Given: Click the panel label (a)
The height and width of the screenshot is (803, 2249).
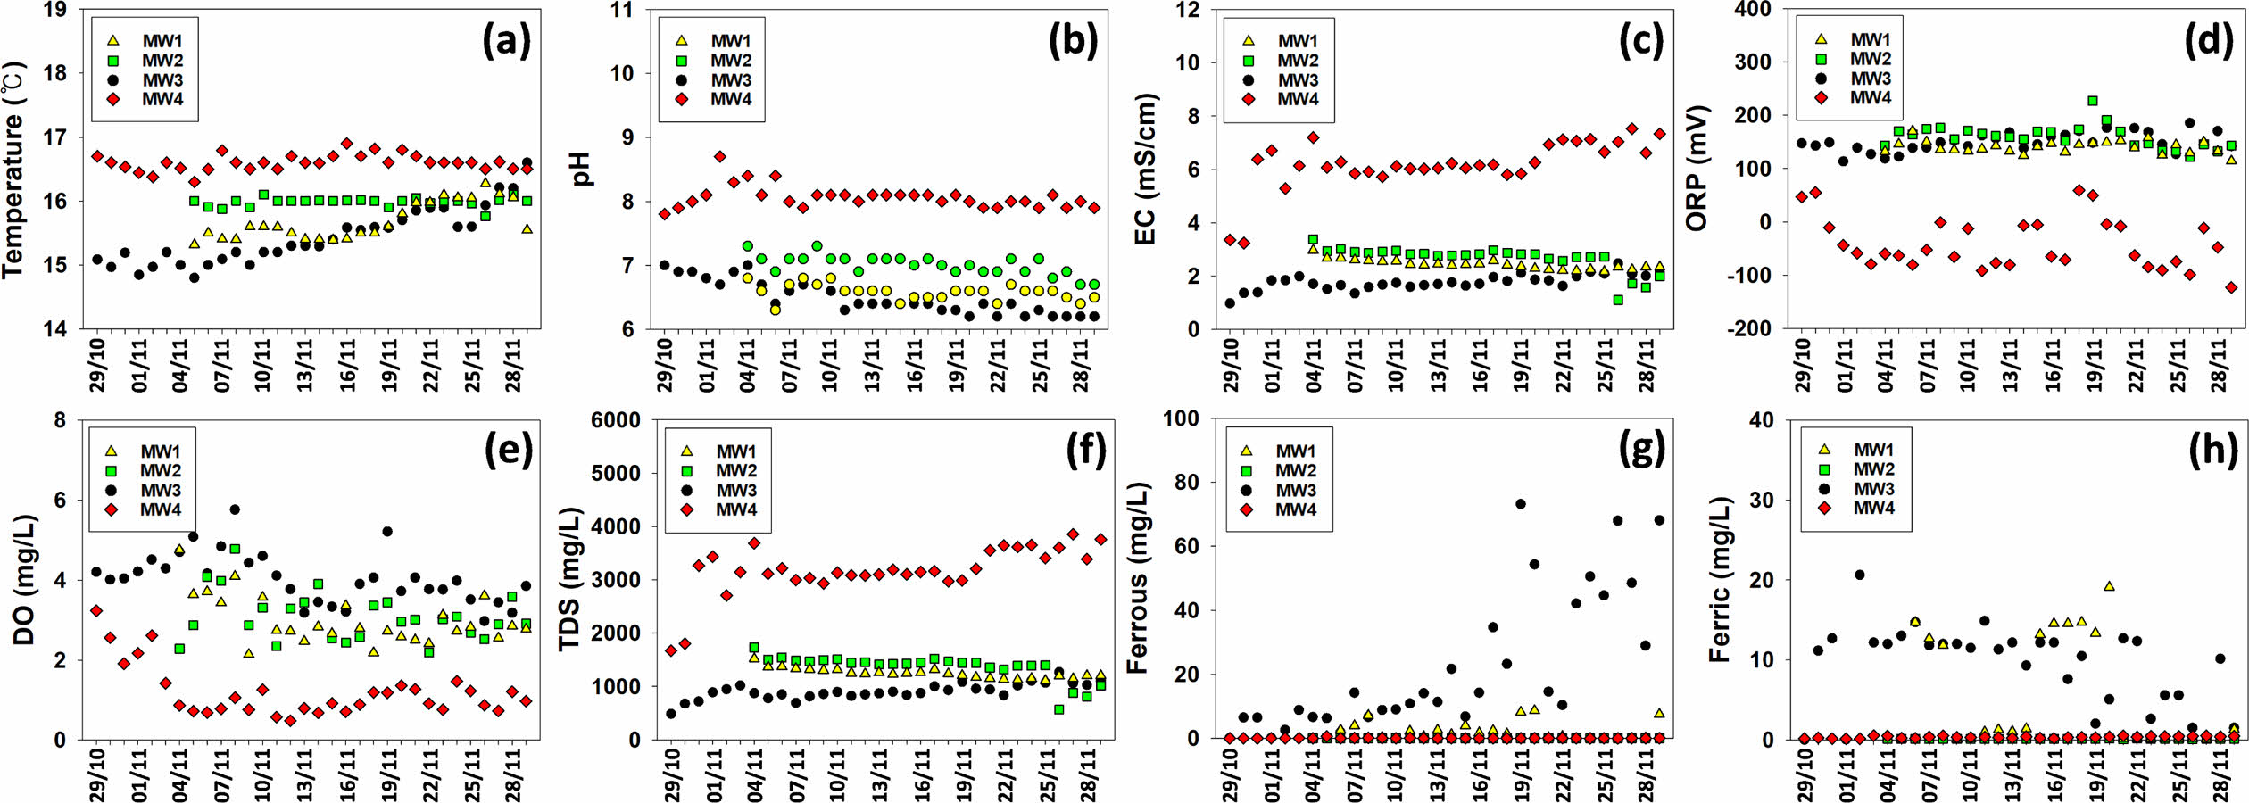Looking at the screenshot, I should (506, 41).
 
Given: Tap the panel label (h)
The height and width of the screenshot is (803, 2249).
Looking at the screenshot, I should (2212, 451).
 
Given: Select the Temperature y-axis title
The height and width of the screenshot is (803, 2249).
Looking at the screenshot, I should (14, 170).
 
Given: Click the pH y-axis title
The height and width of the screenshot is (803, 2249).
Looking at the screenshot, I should (582, 170).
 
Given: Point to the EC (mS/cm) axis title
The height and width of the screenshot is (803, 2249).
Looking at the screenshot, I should (1145, 170).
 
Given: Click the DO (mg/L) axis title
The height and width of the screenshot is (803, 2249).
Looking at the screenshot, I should (24, 580).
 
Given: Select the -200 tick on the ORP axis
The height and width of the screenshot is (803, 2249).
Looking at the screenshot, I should (1747, 328).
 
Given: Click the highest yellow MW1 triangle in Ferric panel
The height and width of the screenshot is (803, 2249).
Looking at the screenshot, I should (2109, 586).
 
